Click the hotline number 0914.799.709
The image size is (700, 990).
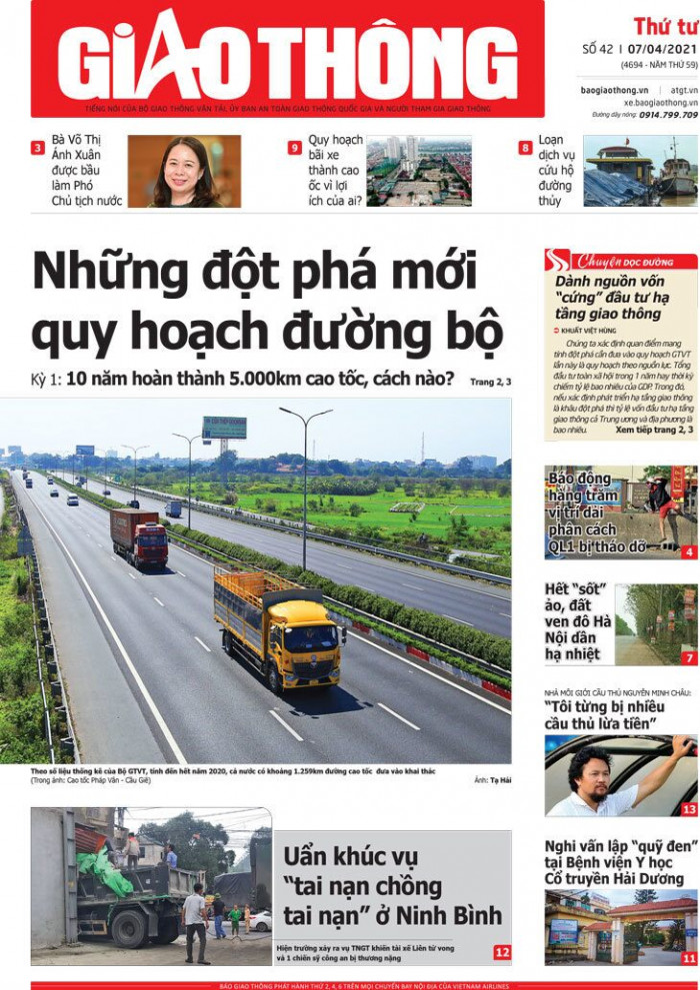[x=669, y=115]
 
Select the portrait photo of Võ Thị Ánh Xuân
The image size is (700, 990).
[x=184, y=171]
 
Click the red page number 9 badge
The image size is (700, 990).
[x=294, y=148]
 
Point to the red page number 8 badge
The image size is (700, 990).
[x=525, y=148]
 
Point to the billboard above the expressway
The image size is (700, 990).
[x=224, y=428]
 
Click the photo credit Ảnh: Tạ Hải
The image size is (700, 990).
[x=492, y=780]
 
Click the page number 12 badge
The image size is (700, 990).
[x=501, y=952]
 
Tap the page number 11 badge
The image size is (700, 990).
[x=688, y=957]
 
